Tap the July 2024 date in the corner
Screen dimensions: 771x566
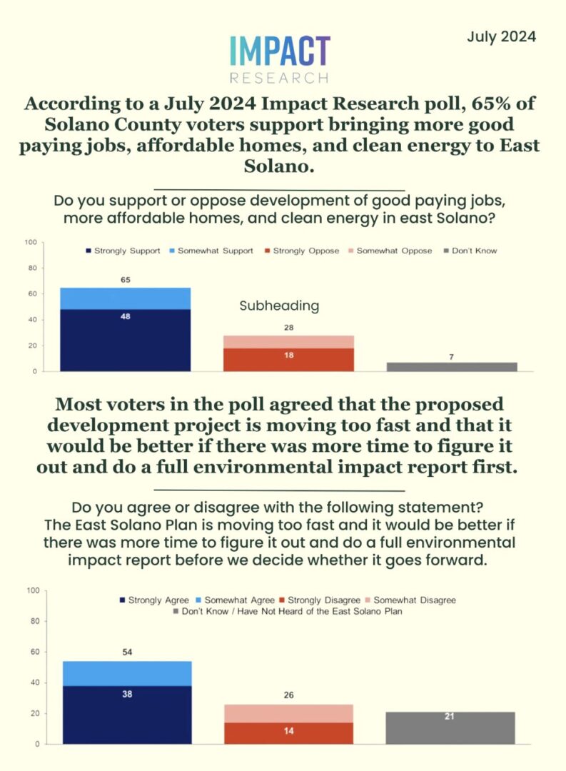(501, 36)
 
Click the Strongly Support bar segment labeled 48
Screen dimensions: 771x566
(125, 340)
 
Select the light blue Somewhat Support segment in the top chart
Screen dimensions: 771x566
(125, 298)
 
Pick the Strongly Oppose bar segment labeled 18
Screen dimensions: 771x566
(288, 359)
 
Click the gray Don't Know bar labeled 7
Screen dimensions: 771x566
(452, 366)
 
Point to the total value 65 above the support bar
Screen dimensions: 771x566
(125, 279)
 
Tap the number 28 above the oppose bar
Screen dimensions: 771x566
(288, 327)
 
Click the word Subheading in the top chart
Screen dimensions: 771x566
(278, 306)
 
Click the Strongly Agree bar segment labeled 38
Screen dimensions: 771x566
(127, 715)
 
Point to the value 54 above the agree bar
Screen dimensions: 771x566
(127, 652)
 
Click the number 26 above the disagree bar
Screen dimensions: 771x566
(288, 695)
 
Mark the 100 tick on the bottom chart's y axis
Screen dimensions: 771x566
(32, 590)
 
